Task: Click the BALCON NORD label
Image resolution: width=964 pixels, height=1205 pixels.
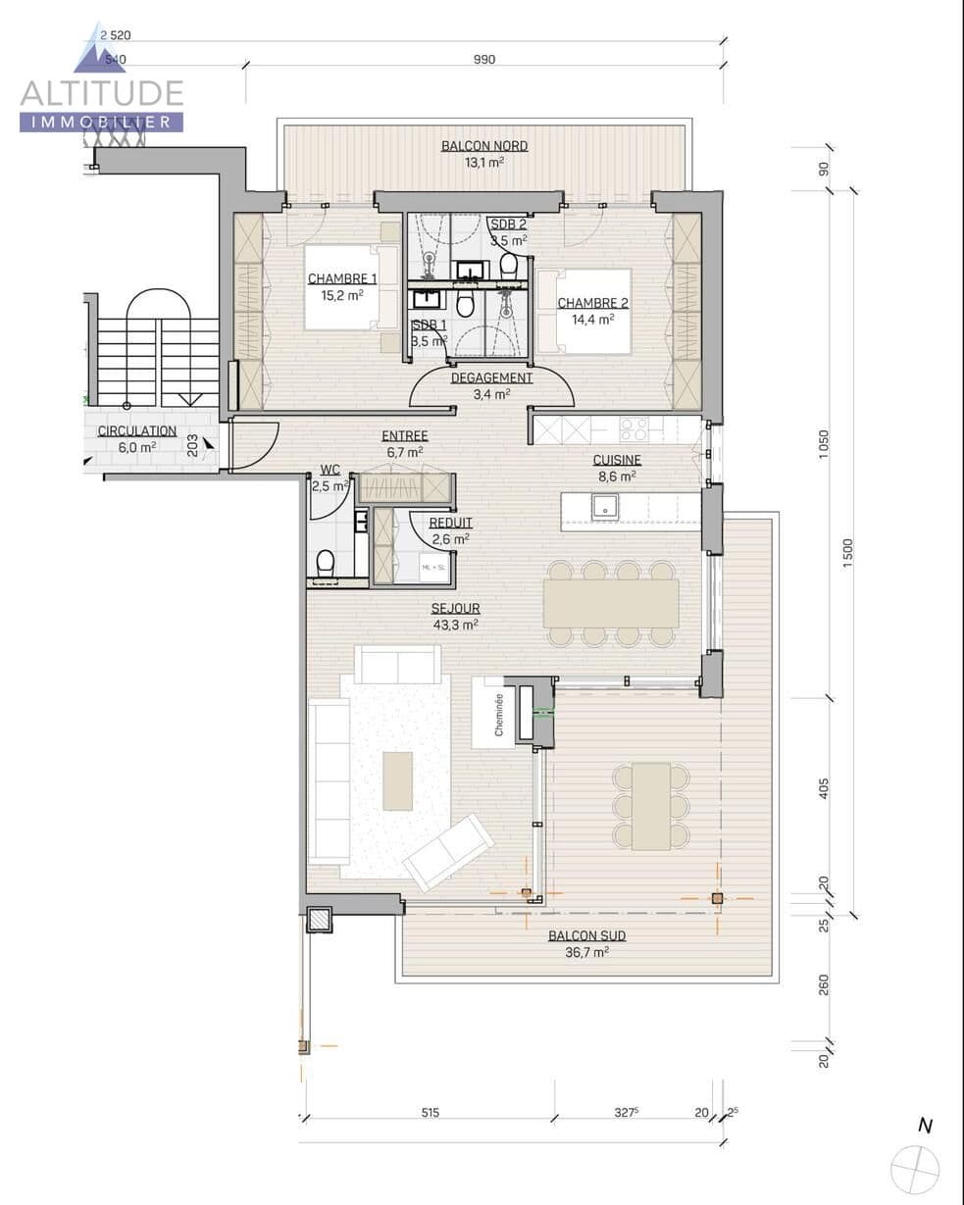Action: coord(483,146)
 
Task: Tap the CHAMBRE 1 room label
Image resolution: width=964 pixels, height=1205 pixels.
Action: coord(340,278)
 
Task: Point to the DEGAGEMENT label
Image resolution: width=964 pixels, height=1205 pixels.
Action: coord(491,377)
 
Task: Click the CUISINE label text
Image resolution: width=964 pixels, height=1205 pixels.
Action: coord(617,460)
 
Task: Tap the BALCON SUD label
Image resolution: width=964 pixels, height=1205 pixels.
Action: coord(586,935)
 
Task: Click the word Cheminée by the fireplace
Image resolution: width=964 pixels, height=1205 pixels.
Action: coord(499,714)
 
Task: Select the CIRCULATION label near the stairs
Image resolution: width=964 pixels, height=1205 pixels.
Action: coord(137,431)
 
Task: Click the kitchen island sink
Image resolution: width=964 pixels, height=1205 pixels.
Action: coord(605,506)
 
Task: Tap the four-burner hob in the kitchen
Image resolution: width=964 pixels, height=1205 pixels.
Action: coord(634,429)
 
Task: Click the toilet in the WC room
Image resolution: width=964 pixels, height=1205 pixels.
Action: coord(326,564)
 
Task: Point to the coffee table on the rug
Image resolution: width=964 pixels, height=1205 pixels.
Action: coord(397,780)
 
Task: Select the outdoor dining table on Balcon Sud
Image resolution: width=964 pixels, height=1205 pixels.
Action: coord(650,806)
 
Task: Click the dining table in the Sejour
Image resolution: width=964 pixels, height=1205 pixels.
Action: coord(610,603)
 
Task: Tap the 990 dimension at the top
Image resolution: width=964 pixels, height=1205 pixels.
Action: coord(484,60)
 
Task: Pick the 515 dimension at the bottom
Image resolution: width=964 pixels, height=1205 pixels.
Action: coord(430,1112)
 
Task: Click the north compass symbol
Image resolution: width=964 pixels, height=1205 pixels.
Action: coord(915,1167)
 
